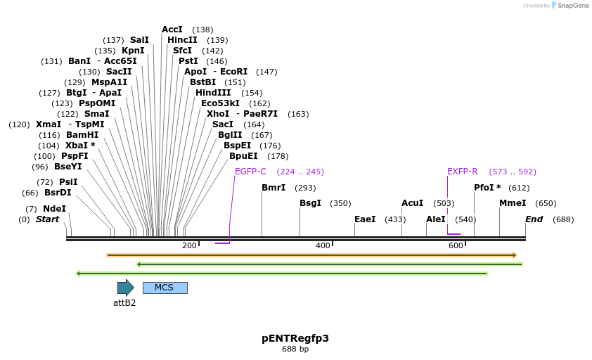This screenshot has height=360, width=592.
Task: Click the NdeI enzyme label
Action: click(x=54, y=209)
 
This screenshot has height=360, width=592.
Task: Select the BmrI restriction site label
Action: click(x=274, y=188)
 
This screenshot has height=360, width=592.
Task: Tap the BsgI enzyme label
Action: click(x=310, y=203)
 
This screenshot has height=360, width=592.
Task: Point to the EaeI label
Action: click(x=365, y=219)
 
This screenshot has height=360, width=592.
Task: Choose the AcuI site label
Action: click(x=412, y=203)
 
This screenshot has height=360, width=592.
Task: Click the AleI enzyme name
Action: click(x=435, y=219)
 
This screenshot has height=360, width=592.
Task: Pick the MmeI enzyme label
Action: click(x=513, y=203)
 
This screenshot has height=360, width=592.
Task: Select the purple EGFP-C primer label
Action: click(x=250, y=172)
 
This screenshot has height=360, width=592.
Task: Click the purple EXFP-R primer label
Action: click(x=462, y=172)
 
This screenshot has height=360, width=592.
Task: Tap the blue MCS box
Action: click(x=165, y=288)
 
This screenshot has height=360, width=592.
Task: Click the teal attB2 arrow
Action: click(x=125, y=288)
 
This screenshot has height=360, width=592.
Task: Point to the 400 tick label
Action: click(x=323, y=245)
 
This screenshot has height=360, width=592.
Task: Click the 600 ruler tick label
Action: click(x=456, y=245)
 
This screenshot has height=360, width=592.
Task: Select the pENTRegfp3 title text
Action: click(x=295, y=338)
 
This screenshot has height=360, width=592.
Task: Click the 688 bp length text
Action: click(x=295, y=349)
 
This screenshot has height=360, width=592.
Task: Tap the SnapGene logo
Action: click(x=570, y=6)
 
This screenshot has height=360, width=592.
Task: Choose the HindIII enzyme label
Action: click(x=213, y=93)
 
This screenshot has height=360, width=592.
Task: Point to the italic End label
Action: click(x=534, y=219)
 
